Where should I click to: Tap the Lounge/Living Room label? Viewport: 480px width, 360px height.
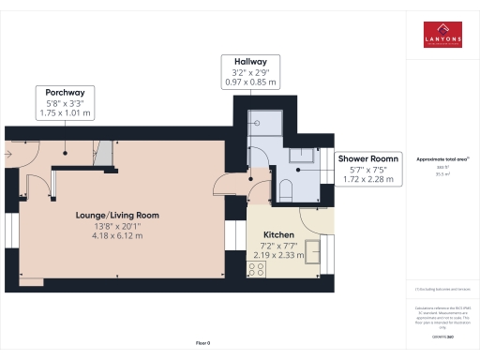click(117, 215)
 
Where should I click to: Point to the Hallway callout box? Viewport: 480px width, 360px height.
click(249, 69)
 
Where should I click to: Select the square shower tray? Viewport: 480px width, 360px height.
click(270, 122)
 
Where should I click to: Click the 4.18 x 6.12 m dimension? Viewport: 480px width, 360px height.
click(117, 235)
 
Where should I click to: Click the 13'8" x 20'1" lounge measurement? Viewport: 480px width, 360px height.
click(117, 226)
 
